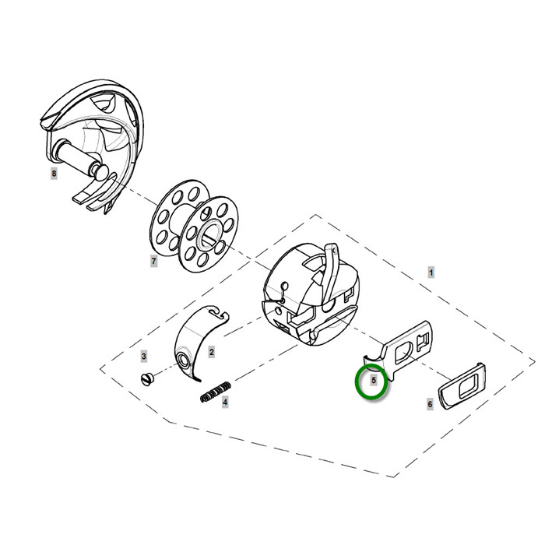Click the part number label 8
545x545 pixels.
pyautogui.click(x=54, y=174)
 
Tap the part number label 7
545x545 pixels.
pyautogui.click(x=153, y=261)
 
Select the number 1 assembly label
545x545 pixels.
pyautogui.click(x=431, y=272)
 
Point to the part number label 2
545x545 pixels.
pyautogui.click(x=211, y=352)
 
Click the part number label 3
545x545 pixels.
pyautogui.click(x=143, y=356)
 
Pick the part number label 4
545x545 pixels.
pyautogui.click(x=225, y=403)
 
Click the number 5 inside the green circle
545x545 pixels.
pyautogui.click(x=374, y=380)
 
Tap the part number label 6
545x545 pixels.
pyautogui.click(x=430, y=404)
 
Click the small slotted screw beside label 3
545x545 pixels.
pyautogui.click(x=146, y=378)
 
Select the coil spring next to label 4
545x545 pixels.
pyautogui.click(x=216, y=392)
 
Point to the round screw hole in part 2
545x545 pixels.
pyautogui.click(x=183, y=360)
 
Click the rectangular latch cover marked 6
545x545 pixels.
pyautogui.click(x=462, y=386)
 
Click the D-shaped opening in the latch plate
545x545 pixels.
pyautogui.click(x=403, y=351)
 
